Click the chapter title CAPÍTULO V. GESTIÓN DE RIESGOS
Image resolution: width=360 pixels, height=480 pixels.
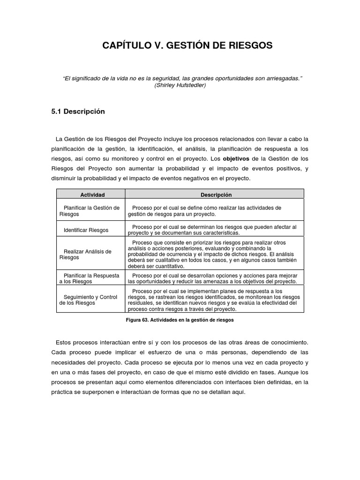(187, 45)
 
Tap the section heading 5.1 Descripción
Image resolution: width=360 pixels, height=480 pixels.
(78, 112)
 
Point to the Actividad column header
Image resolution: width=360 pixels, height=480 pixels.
(92, 195)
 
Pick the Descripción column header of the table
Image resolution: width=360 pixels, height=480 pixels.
(216, 195)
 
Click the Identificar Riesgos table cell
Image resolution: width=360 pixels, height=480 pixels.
(86, 230)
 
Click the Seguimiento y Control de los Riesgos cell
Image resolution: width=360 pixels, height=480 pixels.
(89, 300)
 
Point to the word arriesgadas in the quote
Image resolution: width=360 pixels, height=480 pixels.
(281, 78)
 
